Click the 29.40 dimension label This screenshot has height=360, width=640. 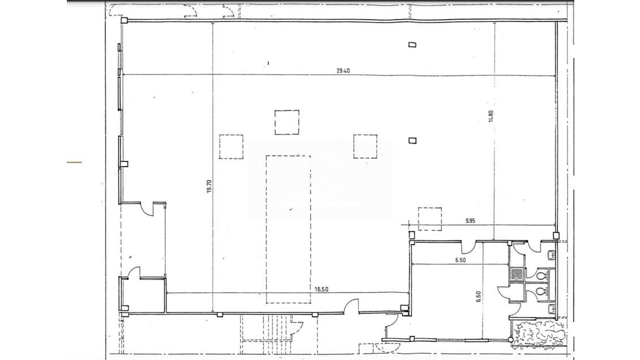tap(343, 71)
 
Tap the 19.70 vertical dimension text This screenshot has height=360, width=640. tap(208, 186)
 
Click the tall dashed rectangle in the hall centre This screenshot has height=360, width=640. tap(288, 229)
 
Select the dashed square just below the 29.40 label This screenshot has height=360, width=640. tap(287, 122)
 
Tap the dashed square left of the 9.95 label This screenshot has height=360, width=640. tap(429, 219)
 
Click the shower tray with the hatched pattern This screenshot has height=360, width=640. tap(517, 275)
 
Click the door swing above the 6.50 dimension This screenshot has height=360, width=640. tap(468, 247)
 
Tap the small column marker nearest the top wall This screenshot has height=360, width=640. tap(413, 45)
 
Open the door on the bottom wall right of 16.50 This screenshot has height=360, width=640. tap(352, 306)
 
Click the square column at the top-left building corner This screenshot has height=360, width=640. tap(124, 20)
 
